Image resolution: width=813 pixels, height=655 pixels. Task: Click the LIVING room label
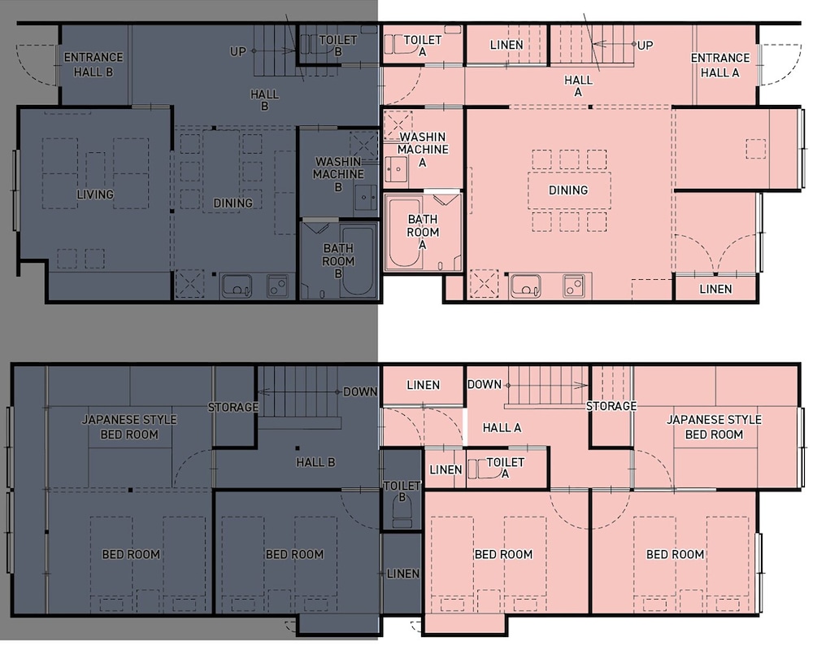(x=95, y=194)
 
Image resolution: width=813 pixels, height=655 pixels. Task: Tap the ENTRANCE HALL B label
(x=93, y=64)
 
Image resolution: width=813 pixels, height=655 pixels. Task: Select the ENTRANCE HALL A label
(x=720, y=65)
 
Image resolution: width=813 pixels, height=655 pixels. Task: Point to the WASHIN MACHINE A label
(x=423, y=150)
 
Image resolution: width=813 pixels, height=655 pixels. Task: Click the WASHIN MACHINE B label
(x=338, y=174)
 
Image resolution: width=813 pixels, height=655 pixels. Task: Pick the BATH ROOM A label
(x=423, y=231)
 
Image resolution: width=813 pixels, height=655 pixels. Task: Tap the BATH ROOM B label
(x=338, y=260)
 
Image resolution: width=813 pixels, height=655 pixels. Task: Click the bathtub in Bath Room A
(x=405, y=233)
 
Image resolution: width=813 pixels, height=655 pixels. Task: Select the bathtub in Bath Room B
(x=358, y=261)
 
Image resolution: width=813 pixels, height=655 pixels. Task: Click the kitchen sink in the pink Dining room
(x=526, y=286)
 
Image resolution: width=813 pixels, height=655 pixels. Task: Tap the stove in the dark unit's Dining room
(x=278, y=286)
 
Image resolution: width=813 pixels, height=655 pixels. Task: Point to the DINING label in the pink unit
(x=568, y=190)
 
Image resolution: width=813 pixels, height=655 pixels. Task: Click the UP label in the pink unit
(x=645, y=45)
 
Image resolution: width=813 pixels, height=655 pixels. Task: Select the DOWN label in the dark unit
(x=360, y=391)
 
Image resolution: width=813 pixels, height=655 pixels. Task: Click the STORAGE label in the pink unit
(x=611, y=406)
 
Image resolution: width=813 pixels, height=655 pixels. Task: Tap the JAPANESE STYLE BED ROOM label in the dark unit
(x=129, y=426)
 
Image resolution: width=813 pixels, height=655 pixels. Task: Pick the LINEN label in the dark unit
(x=403, y=574)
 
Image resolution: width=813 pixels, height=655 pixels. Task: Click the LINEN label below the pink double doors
(x=715, y=289)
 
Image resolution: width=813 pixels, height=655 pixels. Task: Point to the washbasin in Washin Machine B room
(x=366, y=197)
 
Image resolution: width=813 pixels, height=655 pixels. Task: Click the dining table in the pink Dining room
(x=569, y=190)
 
